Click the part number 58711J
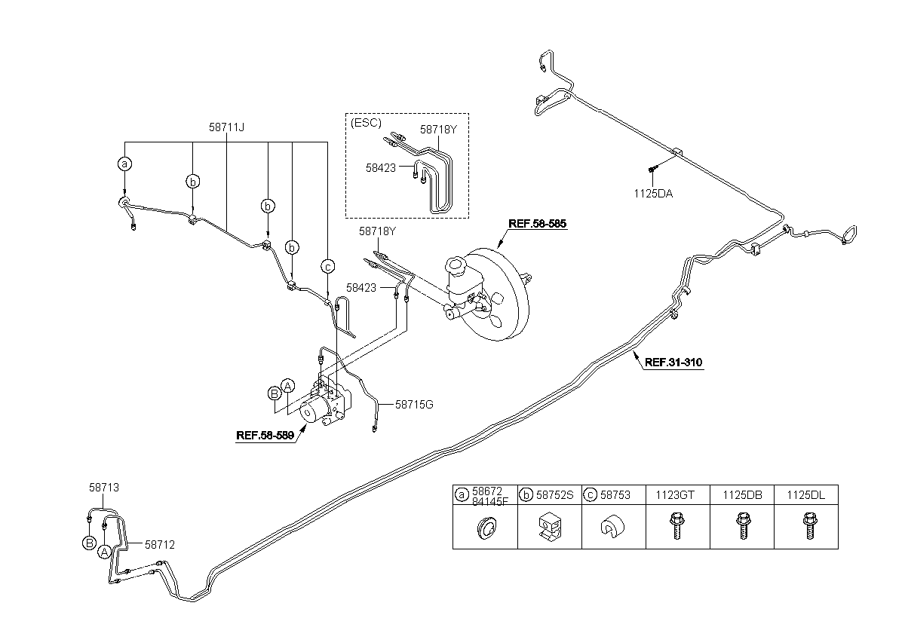pyautogui.click(x=226, y=127)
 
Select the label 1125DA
pyautogui.click(x=653, y=194)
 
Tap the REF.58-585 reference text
pyautogui.click(x=537, y=224)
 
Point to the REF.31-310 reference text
pyautogui.click(x=673, y=362)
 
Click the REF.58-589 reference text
pyautogui.click(x=265, y=436)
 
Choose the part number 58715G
pyautogui.click(x=414, y=405)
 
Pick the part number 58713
pyautogui.click(x=104, y=488)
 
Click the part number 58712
pyautogui.click(x=160, y=545)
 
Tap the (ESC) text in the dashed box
pyautogui.click(x=366, y=123)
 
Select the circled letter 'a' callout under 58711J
pyautogui.click(x=125, y=164)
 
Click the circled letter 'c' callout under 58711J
pyautogui.click(x=327, y=266)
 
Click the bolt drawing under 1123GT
pyautogui.click(x=676, y=525)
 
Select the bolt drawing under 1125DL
pyautogui.click(x=809, y=525)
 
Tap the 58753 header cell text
pyautogui.click(x=615, y=495)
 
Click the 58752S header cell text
pyautogui.click(x=555, y=495)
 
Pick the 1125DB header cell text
pyautogui.click(x=742, y=495)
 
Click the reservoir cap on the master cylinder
pyautogui.click(x=456, y=265)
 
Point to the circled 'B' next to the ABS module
pyautogui.click(x=275, y=393)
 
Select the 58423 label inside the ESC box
pyautogui.click(x=381, y=168)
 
